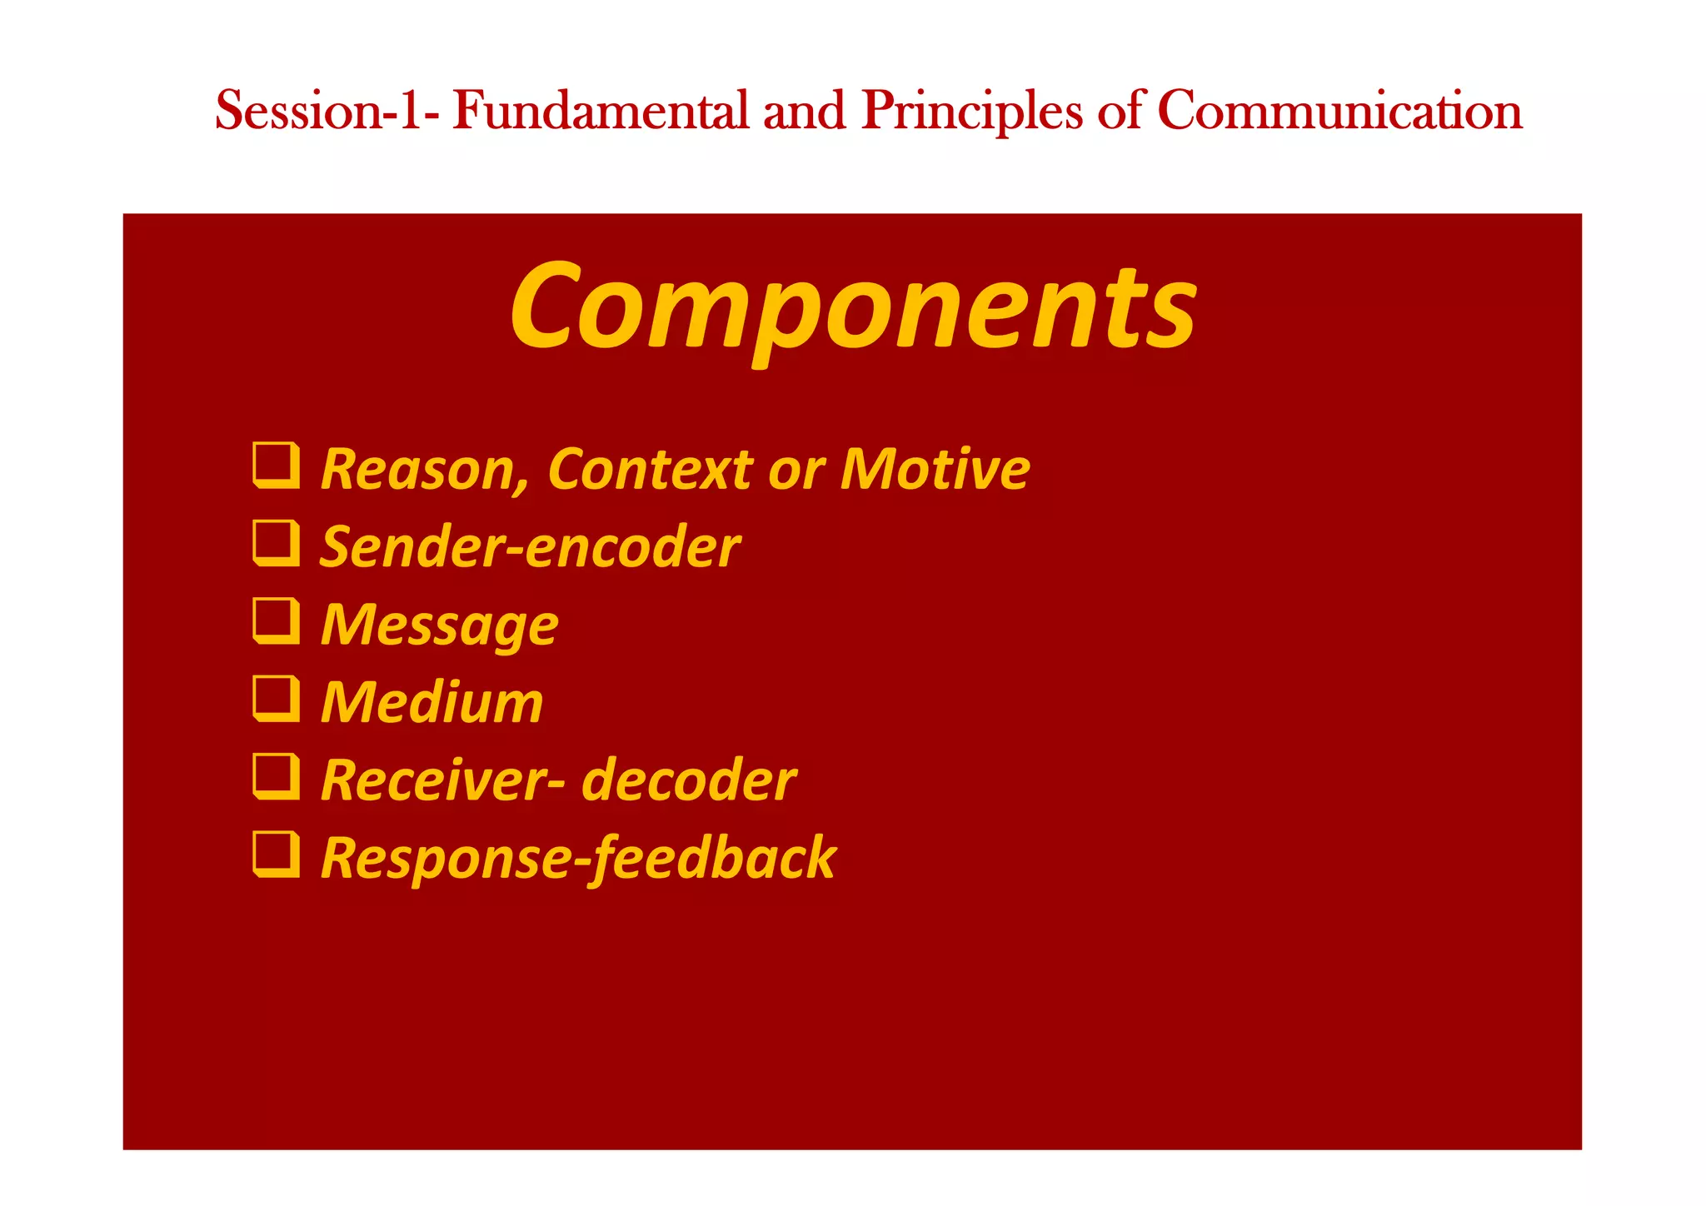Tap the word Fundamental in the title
pyautogui.click(x=601, y=111)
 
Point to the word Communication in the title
pyautogui.click(x=1339, y=111)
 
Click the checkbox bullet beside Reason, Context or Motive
pyautogui.click(x=276, y=466)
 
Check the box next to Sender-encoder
pyautogui.click(x=276, y=543)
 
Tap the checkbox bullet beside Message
pyautogui.click(x=276, y=621)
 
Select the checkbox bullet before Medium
pyautogui.click(x=276, y=699)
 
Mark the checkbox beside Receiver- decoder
pyautogui.click(x=276, y=777)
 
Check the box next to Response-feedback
pyautogui.click(x=276, y=855)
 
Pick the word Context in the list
pyautogui.click(x=650, y=470)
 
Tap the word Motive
pyautogui.click(x=935, y=470)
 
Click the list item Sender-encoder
pyautogui.click(x=530, y=548)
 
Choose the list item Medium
pyautogui.click(x=431, y=703)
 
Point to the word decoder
pyautogui.click(x=688, y=781)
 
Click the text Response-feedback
pyautogui.click(x=578, y=859)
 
